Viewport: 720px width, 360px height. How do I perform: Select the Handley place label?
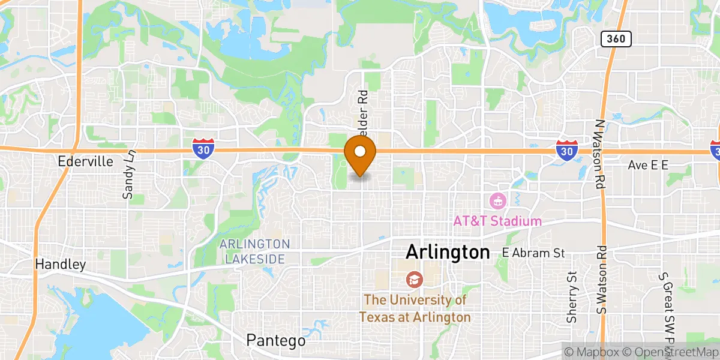(x=61, y=264)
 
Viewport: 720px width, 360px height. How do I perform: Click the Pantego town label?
(x=276, y=340)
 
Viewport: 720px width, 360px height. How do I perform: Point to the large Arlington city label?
(x=448, y=252)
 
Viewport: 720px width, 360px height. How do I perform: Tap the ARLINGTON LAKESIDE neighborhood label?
(x=254, y=251)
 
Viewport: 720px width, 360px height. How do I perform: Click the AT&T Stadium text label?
(x=497, y=221)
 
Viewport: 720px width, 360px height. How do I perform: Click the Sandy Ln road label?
(x=128, y=174)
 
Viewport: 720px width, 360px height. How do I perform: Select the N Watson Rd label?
(x=599, y=155)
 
